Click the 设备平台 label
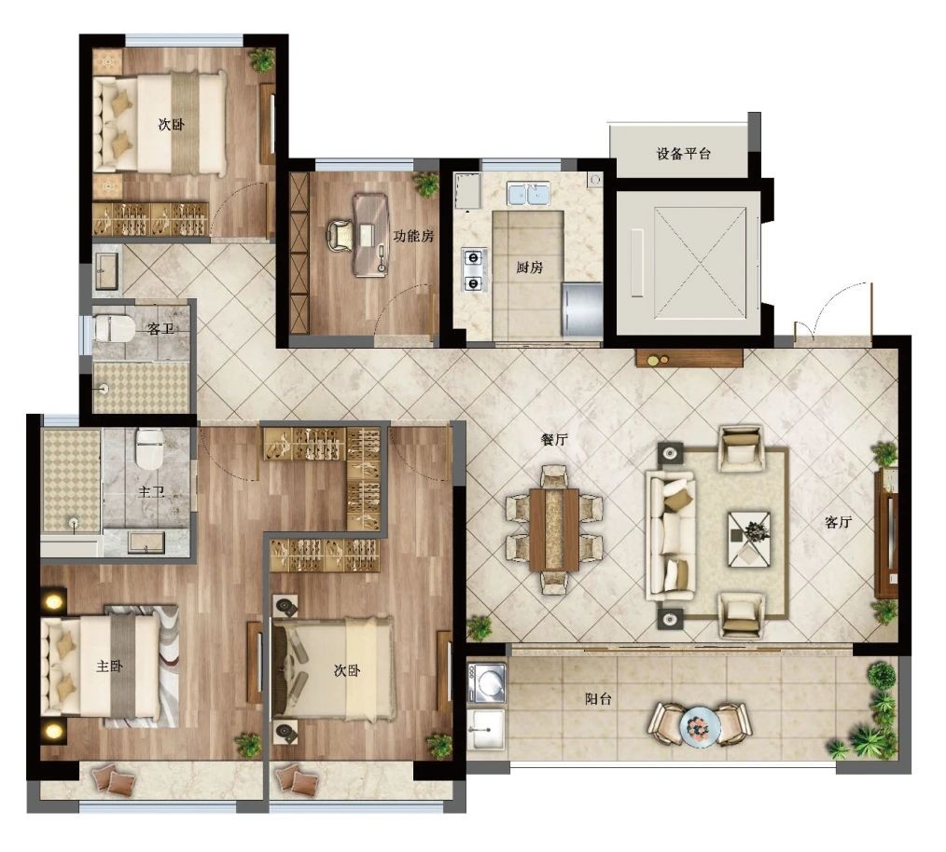click(x=683, y=153)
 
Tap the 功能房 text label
click(x=413, y=236)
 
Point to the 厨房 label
click(x=529, y=268)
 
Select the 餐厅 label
click(x=554, y=440)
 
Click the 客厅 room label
click(x=838, y=522)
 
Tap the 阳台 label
click(x=598, y=699)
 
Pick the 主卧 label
click(x=110, y=666)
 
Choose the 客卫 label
click(x=160, y=329)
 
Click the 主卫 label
click(x=151, y=492)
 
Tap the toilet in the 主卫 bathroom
click(x=149, y=447)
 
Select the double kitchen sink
click(x=528, y=195)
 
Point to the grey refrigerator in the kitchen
click(x=582, y=309)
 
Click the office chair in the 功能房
click(x=340, y=235)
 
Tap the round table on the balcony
click(x=700, y=726)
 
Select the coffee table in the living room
click(x=749, y=539)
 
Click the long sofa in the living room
click(x=670, y=535)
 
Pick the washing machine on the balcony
click(x=486, y=683)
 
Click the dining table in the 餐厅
click(x=554, y=529)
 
